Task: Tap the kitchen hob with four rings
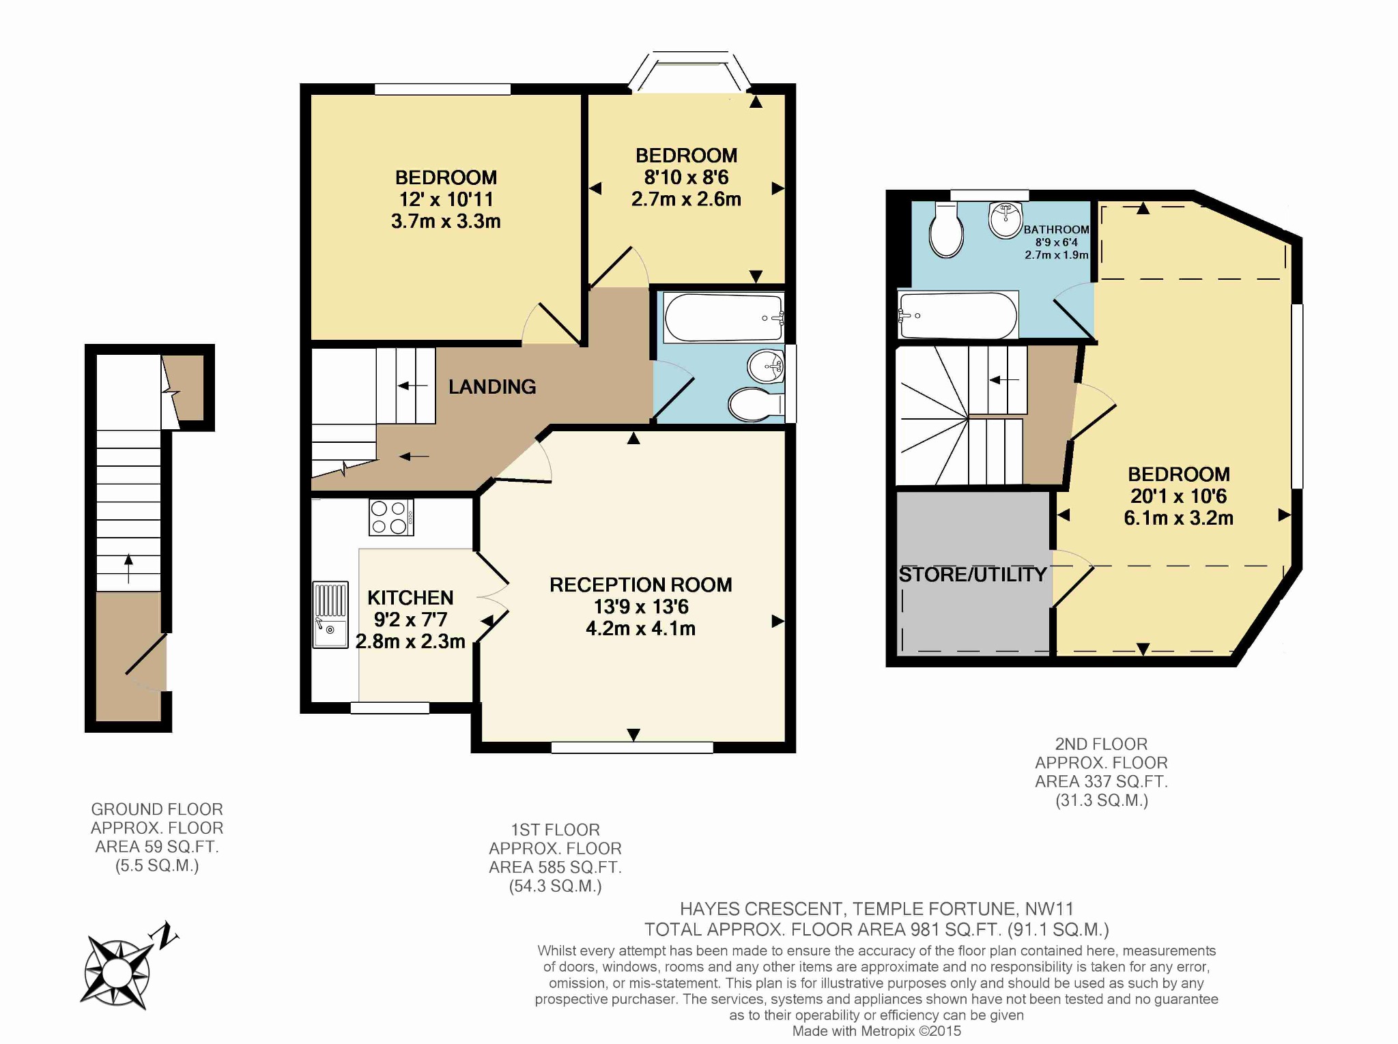pyautogui.click(x=390, y=517)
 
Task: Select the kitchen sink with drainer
pyautogui.click(x=330, y=614)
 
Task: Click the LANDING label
pyautogui.click(x=491, y=387)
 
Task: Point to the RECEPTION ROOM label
pyautogui.click(x=640, y=585)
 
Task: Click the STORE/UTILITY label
pyautogui.click(x=972, y=575)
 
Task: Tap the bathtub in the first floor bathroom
pyautogui.click(x=724, y=318)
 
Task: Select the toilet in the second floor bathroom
pyautogui.click(x=946, y=231)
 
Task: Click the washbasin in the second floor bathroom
pyautogui.click(x=1005, y=220)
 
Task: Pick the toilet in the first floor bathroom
pyautogui.click(x=754, y=405)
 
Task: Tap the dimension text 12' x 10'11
pyautogui.click(x=446, y=199)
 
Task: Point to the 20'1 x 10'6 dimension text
pyautogui.click(x=1178, y=496)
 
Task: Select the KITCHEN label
pyautogui.click(x=410, y=598)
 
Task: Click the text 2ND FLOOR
pyautogui.click(x=1101, y=744)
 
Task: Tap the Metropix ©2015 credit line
pyautogui.click(x=876, y=1031)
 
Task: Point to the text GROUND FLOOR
pyautogui.click(x=157, y=809)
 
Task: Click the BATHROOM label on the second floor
pyautogui.click(x=1055, y=230)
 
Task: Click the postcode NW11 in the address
pyautogui.click(x=1049, y=909)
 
